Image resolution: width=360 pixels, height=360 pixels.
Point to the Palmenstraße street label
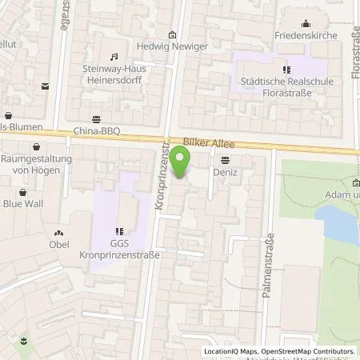268,265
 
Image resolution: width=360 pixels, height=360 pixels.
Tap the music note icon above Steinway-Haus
113,57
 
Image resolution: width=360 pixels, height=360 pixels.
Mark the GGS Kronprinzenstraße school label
118,249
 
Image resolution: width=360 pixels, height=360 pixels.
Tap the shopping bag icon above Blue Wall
22,193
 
